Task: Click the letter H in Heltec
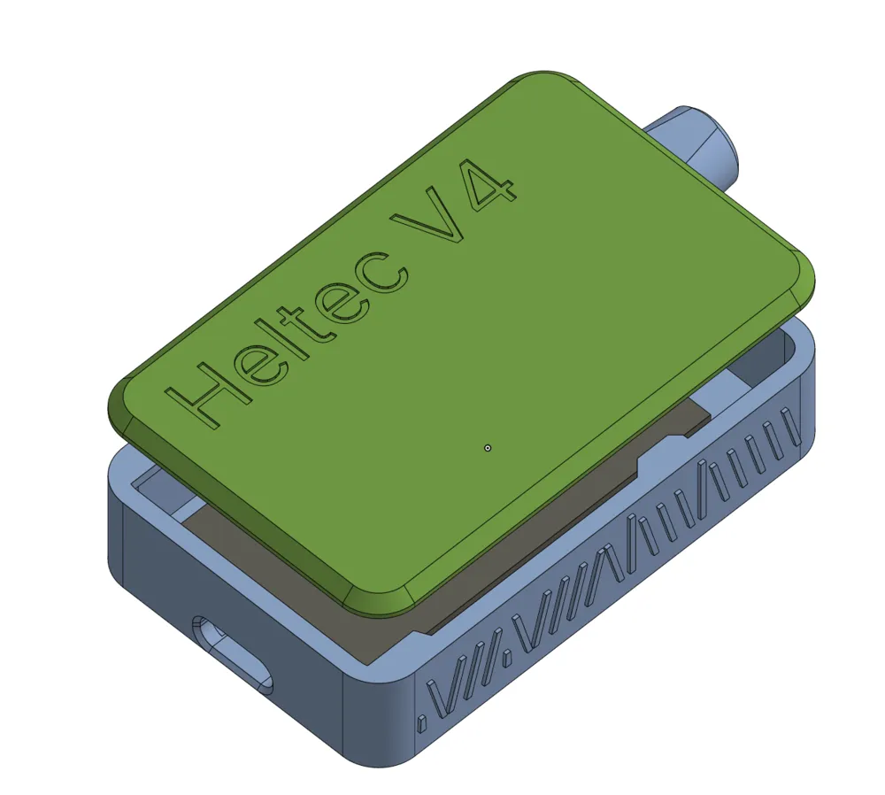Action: click(204, 390)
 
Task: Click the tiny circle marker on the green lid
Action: click(488, 448)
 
